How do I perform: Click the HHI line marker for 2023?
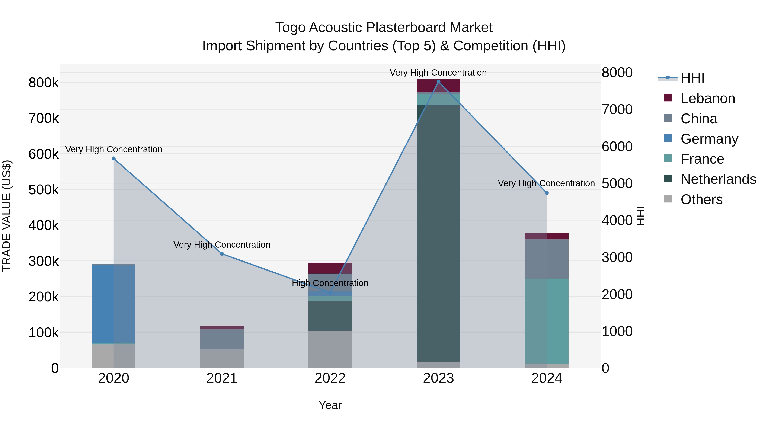[x=438, y=82]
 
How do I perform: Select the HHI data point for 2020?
[x=113, y=159]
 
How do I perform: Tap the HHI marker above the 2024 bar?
[x=547, y=193]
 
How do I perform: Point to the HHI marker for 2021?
[x=222, y=254]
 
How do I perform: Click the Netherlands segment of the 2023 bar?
[x=438, y=233]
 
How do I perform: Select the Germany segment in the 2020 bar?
[x=113, y=304]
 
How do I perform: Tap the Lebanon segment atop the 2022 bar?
[x=330, y=268]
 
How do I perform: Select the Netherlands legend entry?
[x=718, y=179]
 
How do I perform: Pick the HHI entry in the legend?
[x=692, y=78]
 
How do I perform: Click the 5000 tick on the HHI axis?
[x=617, y=183]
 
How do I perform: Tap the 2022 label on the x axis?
[x=330, y=378]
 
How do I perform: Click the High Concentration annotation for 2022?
[x=330, y=283]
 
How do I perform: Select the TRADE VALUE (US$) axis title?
[x=7, y=216]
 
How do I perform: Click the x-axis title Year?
[x=330, y=405]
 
